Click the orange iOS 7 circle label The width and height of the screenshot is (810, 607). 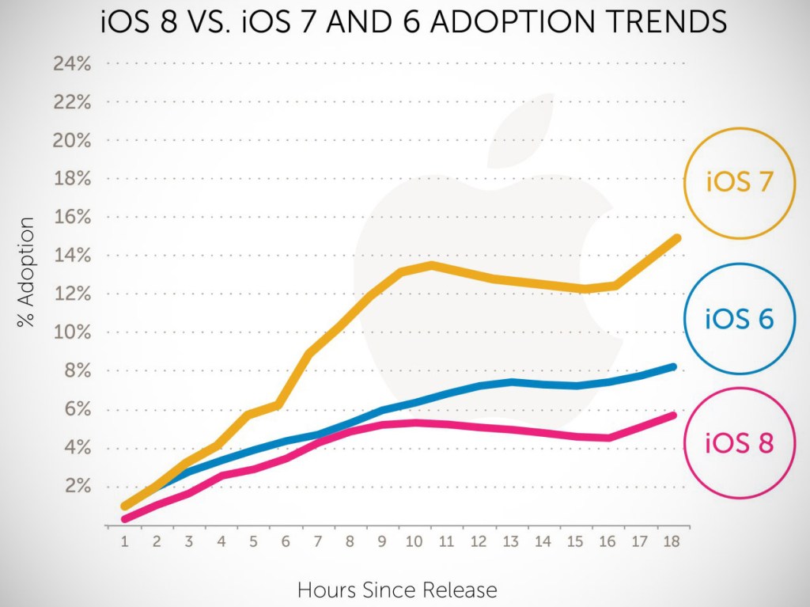tap(739, 182)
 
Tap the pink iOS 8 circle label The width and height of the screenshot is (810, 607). tap(739, 442)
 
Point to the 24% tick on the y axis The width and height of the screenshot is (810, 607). tap(73, 64)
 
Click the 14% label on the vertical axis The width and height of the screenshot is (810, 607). tap(73, 256)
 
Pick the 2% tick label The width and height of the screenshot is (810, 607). tap(77, 486)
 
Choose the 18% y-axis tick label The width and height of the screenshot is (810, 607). tap(73, 179)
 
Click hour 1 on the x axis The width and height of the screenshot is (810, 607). tap(124, 542)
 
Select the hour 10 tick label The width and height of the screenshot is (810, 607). tap(413, 542)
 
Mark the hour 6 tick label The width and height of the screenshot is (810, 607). tap(285, 542)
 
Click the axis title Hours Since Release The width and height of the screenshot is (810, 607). tap(397, 590)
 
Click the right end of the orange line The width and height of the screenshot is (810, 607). tap(676, 238)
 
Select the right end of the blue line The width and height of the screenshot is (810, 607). tap(673, 367)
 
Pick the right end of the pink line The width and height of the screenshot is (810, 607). tap(673, 415)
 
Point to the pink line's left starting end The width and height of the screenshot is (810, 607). tap(125, 519)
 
